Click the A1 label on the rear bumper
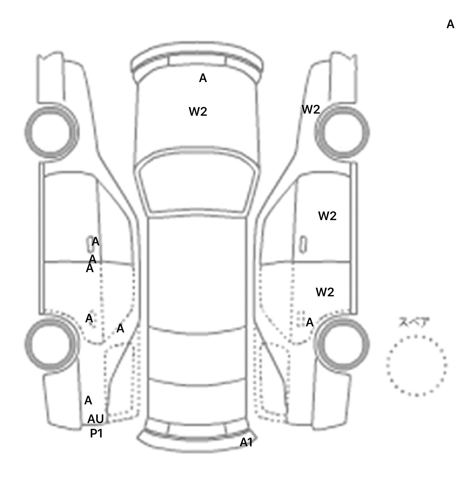point(246,442)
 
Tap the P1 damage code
point(96,433)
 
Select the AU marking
point(95,419)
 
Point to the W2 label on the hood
point(198,111)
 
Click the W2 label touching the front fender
point(311,109)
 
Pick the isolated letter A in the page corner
point(450,24)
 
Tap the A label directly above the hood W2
point(203,78)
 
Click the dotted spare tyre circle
point(416,366)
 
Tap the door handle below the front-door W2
point(303,244)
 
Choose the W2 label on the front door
point(327,216)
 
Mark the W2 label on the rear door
point(325,292)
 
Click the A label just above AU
point(88,400)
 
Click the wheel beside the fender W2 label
point(342,133)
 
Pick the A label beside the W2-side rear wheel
point(310,322)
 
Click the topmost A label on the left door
point(95,242)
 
